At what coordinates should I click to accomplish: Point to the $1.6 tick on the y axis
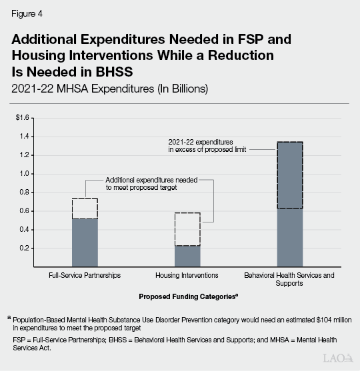coord(23,118)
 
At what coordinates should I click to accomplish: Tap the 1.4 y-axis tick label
coord(25,137)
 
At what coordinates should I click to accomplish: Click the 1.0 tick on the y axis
coord(25,174)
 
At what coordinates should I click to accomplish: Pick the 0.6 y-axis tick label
coord(25,211)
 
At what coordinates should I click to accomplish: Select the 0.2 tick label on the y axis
coord(25,248)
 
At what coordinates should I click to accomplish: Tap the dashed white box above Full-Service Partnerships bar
coord(85,208)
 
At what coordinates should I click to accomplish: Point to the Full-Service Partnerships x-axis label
coord(85,274)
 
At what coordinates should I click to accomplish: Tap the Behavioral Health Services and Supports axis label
coord(289,278)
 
